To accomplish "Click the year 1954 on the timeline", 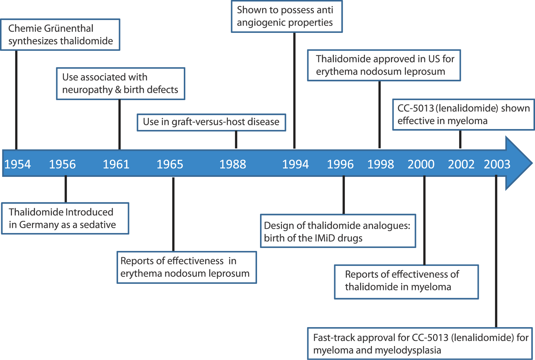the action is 18,164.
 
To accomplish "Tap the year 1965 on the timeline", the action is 170,164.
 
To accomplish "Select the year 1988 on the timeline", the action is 233,164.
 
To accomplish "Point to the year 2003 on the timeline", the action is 497,164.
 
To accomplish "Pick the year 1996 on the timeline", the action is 340,164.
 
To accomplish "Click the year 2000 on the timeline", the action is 421,164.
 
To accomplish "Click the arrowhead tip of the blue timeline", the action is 532,163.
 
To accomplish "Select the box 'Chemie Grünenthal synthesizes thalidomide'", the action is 60,35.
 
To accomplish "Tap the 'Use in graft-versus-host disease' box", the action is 211,122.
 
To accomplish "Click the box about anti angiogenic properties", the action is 287,16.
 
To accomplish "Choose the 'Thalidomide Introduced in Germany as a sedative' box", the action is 65,218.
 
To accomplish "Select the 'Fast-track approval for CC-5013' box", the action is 420,344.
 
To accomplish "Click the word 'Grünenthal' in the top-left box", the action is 68,28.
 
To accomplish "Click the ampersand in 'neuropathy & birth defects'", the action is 118,90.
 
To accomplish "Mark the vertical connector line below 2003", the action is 496,251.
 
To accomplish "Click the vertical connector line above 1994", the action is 294,91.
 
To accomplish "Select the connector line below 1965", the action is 173,215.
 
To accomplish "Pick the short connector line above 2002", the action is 460,140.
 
